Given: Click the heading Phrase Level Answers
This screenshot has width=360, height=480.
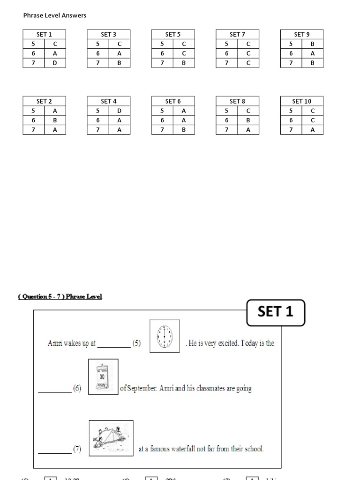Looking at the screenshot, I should point(55,15).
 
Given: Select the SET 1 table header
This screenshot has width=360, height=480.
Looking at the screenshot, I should point(45,34).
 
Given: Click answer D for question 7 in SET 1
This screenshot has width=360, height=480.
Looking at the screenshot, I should point(55,63).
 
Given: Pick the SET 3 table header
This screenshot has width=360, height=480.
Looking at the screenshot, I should point(109,34).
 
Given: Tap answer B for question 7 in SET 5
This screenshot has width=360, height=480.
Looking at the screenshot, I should point(184,63).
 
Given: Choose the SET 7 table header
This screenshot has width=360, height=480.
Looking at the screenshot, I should point(237,34).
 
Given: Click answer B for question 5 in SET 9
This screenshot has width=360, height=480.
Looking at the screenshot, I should point(313,44).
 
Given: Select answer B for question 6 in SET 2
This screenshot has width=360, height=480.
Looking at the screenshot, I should point(55,120).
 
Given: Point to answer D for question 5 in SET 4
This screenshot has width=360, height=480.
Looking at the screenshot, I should point(119,111).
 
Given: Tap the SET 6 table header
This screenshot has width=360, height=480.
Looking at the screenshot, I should point(173,101).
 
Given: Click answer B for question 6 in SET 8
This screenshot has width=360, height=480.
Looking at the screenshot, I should point(248,120).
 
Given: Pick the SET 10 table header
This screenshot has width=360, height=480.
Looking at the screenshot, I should point(301,101).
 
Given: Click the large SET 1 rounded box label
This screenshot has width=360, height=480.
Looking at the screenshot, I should point(276,312).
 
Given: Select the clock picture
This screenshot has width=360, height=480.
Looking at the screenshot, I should point(165,336).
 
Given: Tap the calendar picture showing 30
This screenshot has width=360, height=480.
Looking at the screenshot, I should point(103,377).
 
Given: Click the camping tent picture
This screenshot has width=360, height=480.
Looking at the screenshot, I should point(111,438).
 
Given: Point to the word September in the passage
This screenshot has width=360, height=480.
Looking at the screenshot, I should point(142,389).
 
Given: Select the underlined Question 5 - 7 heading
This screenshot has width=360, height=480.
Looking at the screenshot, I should point(60,296).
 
